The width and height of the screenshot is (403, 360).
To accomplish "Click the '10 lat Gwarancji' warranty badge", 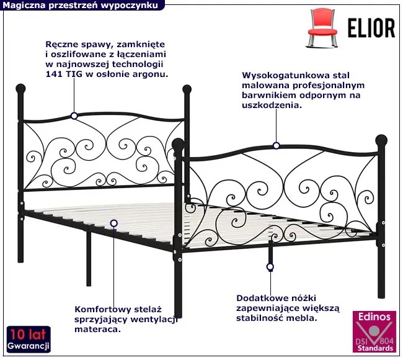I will (28, 337).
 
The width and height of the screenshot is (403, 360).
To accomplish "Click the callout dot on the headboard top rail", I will (74, 115).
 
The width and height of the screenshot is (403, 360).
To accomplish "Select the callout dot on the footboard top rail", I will (276, 146).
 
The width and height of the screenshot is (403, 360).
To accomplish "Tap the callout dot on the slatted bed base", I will (113, 222).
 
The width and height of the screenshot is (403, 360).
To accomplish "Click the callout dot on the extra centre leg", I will (270, 268).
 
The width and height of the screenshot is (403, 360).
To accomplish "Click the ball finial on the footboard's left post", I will (179, 145).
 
